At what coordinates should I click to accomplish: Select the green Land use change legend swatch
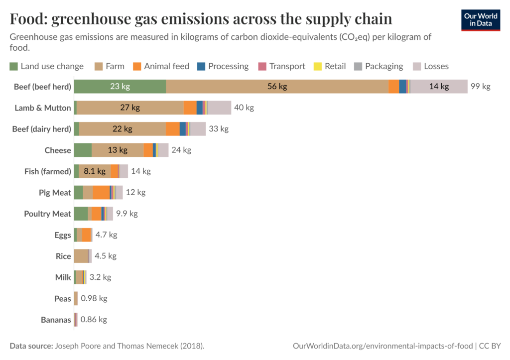coord(13,66)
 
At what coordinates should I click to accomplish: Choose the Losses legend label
coord(436,66)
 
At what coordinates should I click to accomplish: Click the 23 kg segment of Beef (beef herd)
coord(120,86)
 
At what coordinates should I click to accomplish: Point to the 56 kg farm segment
coord(277,86)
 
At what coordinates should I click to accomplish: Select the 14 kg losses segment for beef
coord(439,86)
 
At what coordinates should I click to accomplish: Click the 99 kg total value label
coord(481,86)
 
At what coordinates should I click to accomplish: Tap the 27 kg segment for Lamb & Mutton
coord(130,108)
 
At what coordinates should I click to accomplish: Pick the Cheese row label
coord(58,150)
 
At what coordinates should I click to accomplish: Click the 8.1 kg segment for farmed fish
coord(95,171)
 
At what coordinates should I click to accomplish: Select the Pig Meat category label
coord(55,192)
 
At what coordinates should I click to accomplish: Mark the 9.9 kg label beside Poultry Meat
coord(127,214)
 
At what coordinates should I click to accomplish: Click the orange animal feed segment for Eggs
coord(87,235)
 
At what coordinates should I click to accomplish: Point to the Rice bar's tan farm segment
coord(81,256)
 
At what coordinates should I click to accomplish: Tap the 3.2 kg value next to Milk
coord(100,277)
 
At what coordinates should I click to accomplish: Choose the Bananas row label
coord(56,320)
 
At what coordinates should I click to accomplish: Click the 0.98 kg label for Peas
coord(94,298)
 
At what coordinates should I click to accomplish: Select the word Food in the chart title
coord(27,19)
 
